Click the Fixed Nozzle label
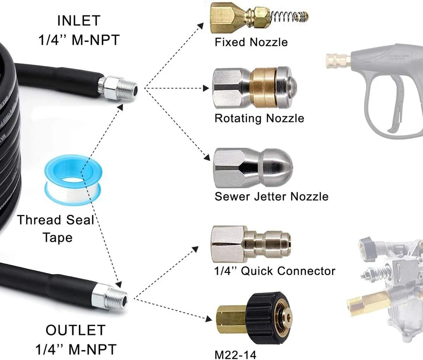coord(251,42)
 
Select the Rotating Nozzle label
coord(259,118)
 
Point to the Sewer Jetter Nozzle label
coord(271,196)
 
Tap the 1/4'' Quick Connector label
coord(275,271)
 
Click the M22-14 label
coord(236,354)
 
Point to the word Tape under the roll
coord(57,237)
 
